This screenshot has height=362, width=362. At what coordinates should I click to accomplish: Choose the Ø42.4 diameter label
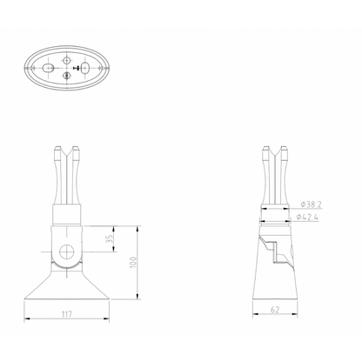pos(309,216)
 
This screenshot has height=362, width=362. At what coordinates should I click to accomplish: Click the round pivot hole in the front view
pos(66,252)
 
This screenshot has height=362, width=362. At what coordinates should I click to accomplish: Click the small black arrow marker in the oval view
pos(77,68)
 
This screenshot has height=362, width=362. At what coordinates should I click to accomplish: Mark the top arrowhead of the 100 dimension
pos(137,227)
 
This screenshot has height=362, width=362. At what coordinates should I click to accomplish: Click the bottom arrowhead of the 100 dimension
pos(137,298)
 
